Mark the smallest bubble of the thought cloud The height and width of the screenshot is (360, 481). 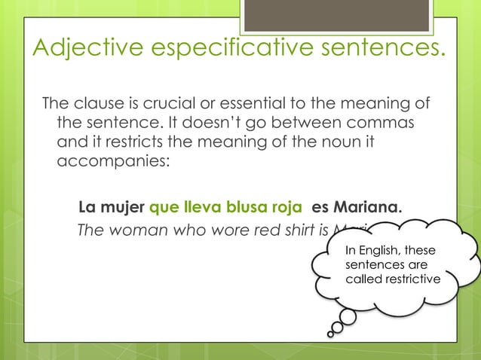[x=332, y=331]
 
